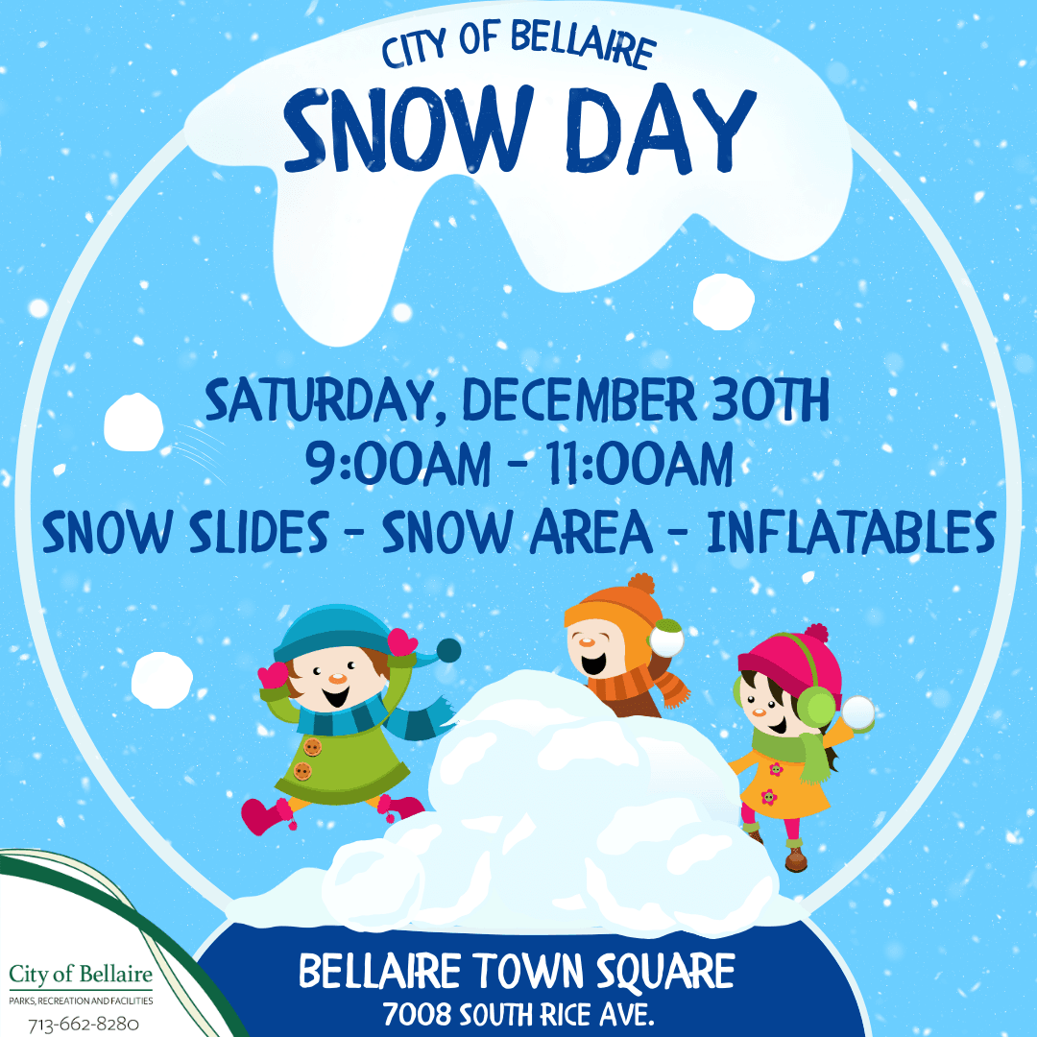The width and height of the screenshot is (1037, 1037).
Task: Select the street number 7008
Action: coord(418,1014)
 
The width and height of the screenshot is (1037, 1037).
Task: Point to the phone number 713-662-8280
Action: coord(84,1025)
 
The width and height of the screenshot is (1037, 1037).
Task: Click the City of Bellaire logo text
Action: coord(81,976)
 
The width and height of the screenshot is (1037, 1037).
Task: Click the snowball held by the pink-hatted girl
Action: coord(857,713)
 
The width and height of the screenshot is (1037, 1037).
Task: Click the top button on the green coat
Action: coord(311,747)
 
